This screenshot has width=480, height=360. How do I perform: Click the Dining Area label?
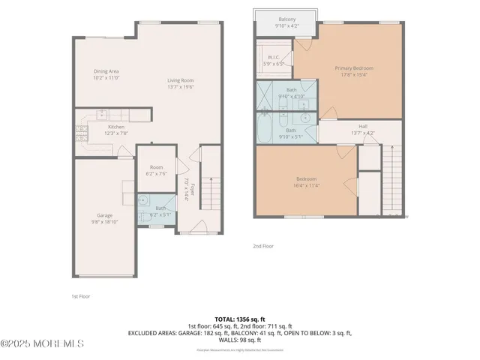(106, 74)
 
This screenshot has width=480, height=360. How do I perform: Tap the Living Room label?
(180, 83)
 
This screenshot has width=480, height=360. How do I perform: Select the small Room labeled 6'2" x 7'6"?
(156, 170)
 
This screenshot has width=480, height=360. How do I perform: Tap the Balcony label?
(286, 22)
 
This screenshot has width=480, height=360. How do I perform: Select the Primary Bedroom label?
(353, 71)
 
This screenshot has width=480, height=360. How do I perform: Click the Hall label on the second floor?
(362, 129)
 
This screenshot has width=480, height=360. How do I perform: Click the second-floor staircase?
(392, 180)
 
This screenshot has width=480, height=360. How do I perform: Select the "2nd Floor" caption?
(263, 245)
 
